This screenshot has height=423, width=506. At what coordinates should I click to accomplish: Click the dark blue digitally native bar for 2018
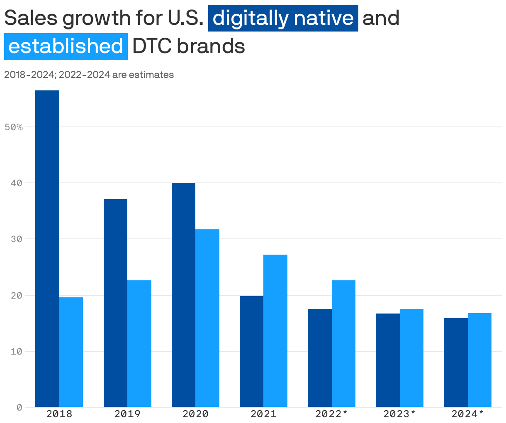point(47,249)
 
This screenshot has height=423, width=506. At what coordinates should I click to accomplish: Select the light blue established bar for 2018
point(71,352)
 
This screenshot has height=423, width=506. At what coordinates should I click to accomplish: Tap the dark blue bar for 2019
point(115,303)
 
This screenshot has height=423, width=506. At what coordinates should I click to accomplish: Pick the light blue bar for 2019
point(139,344)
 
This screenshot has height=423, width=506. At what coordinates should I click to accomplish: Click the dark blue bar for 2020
point(183,295)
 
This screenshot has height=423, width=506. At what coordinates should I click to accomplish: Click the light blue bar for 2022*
point(343,344)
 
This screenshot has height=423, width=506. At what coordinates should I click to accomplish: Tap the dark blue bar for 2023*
point(387,360)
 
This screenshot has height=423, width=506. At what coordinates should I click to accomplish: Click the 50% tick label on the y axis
point(14,127)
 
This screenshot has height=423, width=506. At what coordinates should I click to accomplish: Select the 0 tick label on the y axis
point(19,408)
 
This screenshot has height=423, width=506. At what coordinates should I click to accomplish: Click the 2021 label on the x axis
point(263,414)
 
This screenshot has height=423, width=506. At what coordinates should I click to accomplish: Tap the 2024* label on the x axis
point(467,414)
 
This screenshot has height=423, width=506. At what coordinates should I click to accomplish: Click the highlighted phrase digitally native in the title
point(283,18)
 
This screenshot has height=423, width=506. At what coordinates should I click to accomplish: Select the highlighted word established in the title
point(66,46)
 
